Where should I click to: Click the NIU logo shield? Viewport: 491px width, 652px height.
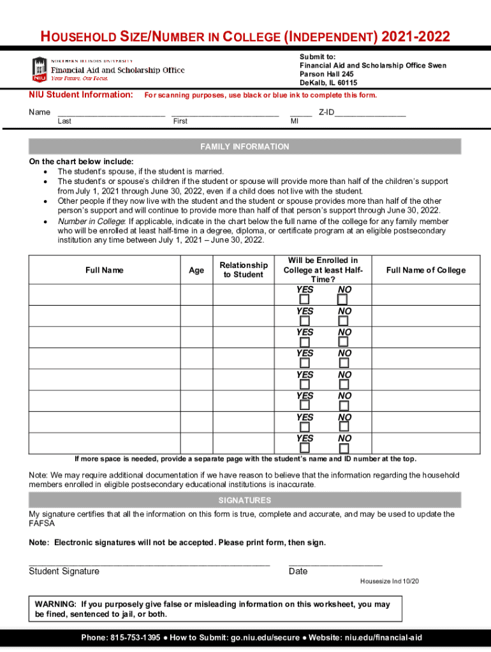pos(40,69)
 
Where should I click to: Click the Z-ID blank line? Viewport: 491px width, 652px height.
pos(370,115)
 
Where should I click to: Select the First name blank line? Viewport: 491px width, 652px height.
pos(224,115)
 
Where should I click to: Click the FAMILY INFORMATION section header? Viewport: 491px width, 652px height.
pos(245,147)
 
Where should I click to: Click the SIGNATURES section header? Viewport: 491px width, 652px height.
pos(245,500)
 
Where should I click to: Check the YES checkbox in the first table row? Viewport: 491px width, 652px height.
pos(305,299)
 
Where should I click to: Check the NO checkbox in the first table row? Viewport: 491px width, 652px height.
pos(343,299)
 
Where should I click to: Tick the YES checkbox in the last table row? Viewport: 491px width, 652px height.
pos(305,448)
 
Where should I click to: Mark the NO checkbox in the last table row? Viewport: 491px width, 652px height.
pos(343,448)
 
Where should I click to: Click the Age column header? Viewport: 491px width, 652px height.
pos(196,271)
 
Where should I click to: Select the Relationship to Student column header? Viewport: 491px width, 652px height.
pos(244,270)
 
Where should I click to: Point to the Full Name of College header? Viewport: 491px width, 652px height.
pos(426,271)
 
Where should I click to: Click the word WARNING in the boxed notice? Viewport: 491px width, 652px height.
pos(56,604)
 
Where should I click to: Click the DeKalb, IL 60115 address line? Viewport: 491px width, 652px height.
pos(328,83)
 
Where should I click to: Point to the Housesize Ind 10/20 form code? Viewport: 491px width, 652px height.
pos(390,581)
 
